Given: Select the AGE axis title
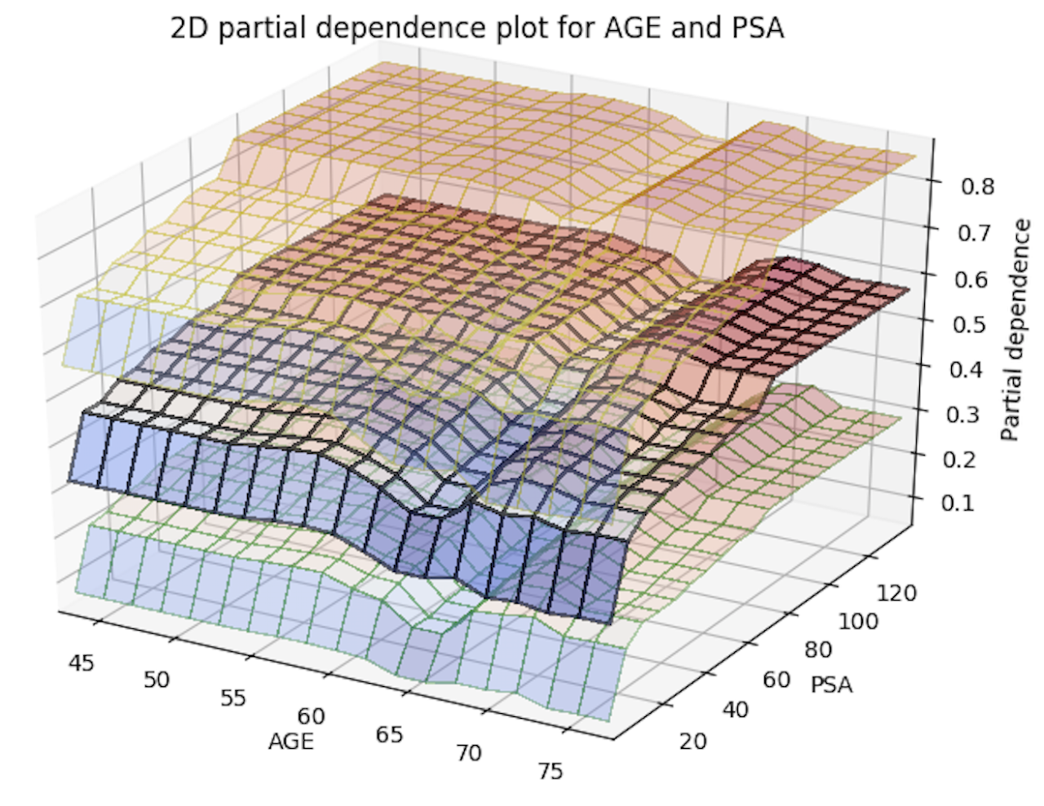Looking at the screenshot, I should (291, 741).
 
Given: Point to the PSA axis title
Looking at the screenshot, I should (832, 685).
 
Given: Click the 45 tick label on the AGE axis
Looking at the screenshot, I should (82, 663).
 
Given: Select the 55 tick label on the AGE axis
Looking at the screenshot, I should (233, 698).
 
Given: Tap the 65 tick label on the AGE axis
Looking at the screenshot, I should (389, 734).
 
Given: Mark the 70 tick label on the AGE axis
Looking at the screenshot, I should (468, 752).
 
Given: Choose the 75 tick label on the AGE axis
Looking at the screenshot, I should (551, 770).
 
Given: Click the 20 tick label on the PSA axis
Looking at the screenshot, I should (693, 741).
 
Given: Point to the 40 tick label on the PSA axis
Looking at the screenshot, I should (735, 710).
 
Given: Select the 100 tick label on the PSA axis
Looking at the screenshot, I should (859, 623).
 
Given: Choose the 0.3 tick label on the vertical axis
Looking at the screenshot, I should (962, 414).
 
